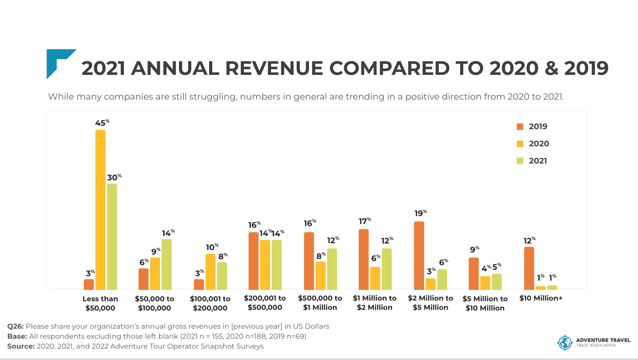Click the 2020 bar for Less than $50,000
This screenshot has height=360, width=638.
point(100,210)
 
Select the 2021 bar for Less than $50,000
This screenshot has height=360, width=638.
point(112,237)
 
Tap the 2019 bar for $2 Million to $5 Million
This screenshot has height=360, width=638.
point(419,256)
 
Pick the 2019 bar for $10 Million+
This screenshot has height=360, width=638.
point(529,268)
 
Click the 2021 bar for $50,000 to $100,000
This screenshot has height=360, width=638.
point(167,265)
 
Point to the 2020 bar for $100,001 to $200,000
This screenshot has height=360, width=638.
point(210,272)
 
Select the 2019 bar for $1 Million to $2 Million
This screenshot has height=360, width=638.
point(364,259)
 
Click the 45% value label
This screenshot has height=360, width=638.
point(102,123)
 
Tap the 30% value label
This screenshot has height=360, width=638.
point(114,177)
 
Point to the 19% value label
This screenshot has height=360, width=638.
point(421,213)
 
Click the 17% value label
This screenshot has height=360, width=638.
point(365,221)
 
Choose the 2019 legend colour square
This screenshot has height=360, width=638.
point(520,126)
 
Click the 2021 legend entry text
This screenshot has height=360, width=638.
point(538,161)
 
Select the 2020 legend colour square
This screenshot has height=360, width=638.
point(520,144)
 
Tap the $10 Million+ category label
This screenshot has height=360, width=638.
point(541,298)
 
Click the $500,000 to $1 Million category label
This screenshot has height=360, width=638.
point(320,303)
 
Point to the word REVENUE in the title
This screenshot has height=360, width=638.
point(274,68)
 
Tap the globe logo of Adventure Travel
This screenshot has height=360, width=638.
point(565,342)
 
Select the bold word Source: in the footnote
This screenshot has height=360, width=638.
point(21,346)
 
